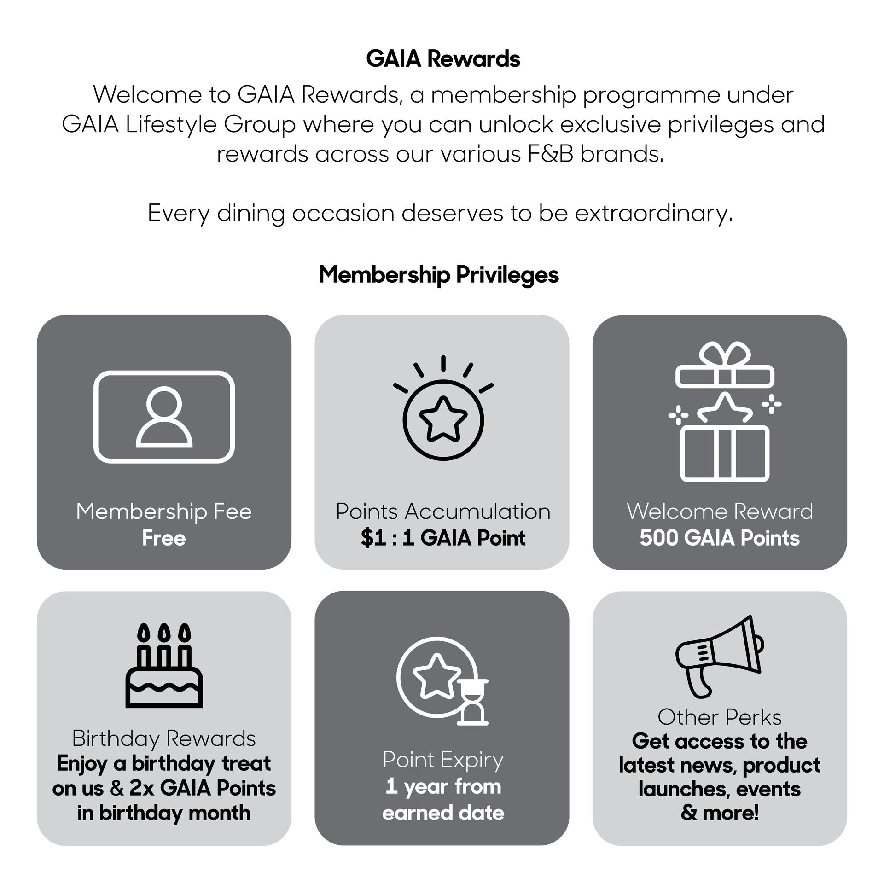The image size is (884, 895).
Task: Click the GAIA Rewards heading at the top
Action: click(x=442, y=59)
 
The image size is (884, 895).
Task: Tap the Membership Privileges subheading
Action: click(x=438, y=275)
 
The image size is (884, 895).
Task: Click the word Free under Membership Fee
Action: click(x=163, y=538)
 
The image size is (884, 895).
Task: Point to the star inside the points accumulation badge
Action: click(x=442, y=419)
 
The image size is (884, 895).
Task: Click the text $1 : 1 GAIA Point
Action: click(x=442, y=538)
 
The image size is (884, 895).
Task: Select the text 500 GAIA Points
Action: click(x=719, y=538)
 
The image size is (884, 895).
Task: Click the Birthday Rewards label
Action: click(x=163, y=738)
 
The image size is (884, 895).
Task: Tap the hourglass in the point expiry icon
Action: click(x=472, y=701)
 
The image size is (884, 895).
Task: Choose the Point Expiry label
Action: click(x=442, y=760)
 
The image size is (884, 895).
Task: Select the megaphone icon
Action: click(x=719, y=657)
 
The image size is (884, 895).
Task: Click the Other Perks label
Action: click(x=719, y=717)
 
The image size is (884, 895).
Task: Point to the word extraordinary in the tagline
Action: click(x=653, y=214)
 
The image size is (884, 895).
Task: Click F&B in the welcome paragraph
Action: click(x=550, y=154)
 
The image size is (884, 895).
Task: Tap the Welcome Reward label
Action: click(x=719, y=511)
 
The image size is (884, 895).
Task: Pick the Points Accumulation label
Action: click(x=442, y=511)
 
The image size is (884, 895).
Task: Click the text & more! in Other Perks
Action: click(x=719, y=813)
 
